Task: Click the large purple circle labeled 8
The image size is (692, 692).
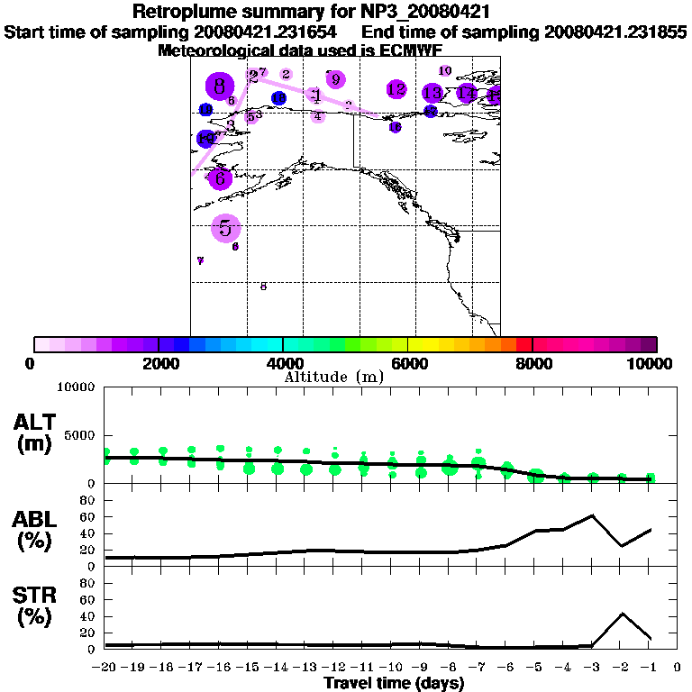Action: tap(220, 87)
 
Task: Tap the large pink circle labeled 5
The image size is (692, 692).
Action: tap(225, 228)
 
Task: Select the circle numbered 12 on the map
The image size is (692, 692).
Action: tap(396, 89)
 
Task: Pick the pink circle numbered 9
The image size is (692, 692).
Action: tap(335, 79)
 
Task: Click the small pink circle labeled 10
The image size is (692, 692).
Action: tap(445, 70)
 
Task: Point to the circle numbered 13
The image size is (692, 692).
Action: tap(432, 93)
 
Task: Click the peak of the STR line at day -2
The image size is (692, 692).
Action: tap(622, 614)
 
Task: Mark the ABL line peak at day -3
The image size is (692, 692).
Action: tap(592, 515)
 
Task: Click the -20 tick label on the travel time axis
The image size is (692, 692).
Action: tap(105, 668)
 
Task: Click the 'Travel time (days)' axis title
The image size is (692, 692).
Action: tap(394, 683)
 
